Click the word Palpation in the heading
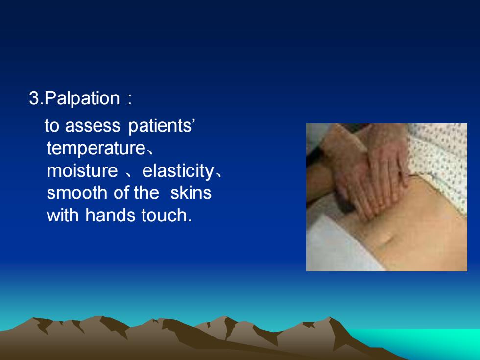click(82, 98)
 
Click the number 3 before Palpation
click(34, 98)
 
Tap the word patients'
click(162, 126)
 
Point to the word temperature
click(96, 148)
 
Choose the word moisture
click(82, 170)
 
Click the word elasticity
click(178, 171)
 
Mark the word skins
click(191, 193)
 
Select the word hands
click(110, 215)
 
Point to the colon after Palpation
click(129, 99)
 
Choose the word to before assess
click(52, 126)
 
